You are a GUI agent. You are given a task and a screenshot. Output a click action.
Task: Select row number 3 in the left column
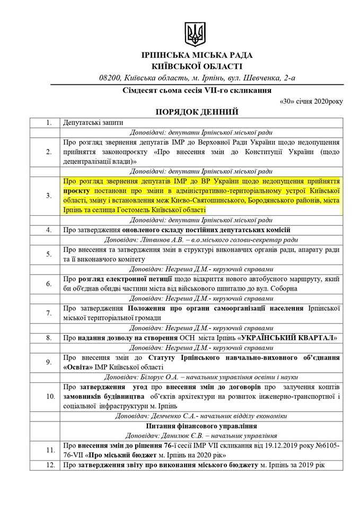tap(49, 196)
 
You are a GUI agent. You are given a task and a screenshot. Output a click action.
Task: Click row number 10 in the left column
tap(49, 396)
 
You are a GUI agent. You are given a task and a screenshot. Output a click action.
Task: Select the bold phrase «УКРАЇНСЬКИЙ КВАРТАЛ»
tap(287, 337)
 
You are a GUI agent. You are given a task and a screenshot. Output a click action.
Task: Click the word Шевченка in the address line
tap(262, 79)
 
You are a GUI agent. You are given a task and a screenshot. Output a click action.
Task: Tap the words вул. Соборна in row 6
tap(275, 288)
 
